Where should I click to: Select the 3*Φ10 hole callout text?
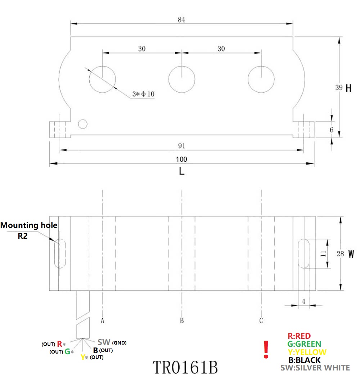coord(143,94)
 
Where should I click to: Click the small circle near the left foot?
coord(83,124)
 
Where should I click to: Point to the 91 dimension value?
coord(181,146)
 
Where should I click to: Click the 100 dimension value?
coord(182,159)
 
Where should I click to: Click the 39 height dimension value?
coord(339,88)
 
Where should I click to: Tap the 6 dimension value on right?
coord(332,130)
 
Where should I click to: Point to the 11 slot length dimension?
coord(323,253)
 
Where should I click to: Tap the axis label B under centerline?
coord(182,320)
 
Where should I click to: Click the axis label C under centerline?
coord(261,320)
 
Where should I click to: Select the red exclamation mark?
coord(266,350)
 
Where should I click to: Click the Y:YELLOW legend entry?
coord(307,352)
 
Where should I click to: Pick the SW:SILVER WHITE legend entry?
coord(315,368)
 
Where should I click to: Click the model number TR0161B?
coord(185,367)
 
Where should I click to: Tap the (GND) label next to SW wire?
coord(119,343)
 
